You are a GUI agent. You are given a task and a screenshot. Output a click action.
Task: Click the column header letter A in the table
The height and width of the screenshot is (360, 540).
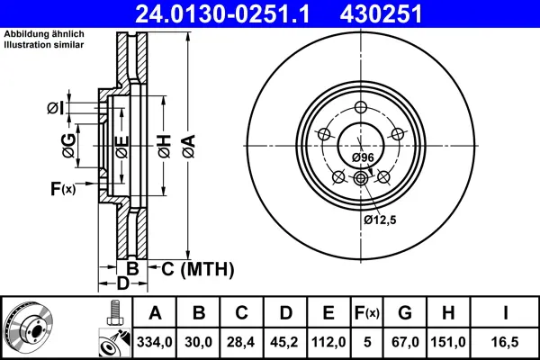(156, 313)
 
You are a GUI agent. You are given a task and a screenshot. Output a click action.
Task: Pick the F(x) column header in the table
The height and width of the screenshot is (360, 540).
(368, 313)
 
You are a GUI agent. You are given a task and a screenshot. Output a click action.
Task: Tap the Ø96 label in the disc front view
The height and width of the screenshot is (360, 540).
(362, 157)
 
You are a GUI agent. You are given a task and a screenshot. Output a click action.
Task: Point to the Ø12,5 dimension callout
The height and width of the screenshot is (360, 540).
(381, 218)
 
